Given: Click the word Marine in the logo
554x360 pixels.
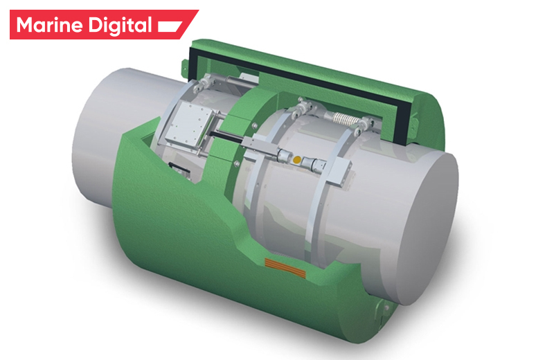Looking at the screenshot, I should pos(51,26).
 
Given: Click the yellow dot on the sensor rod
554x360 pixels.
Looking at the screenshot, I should pos(297,160).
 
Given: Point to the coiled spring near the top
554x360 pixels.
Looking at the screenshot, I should pos(343,120).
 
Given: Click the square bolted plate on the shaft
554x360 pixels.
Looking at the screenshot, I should pos(188,127).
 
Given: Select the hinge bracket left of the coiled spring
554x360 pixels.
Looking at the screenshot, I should pos(303,108).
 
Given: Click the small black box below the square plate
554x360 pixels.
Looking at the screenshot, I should pos(177,167).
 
